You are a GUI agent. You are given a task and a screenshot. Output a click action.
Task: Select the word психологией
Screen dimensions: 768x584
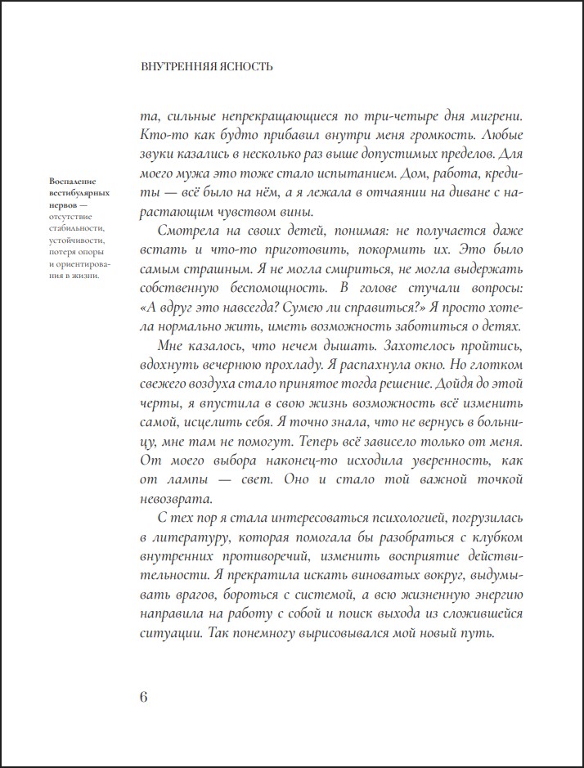click(x=376, y=519)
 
